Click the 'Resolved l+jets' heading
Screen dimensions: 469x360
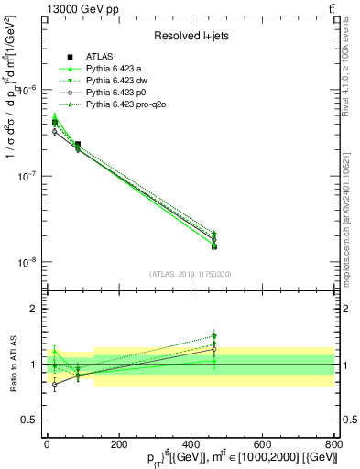pyautogui.click(x=191, y=36)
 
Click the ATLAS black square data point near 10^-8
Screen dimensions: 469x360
pyautogui.click(x=213, y=245)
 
